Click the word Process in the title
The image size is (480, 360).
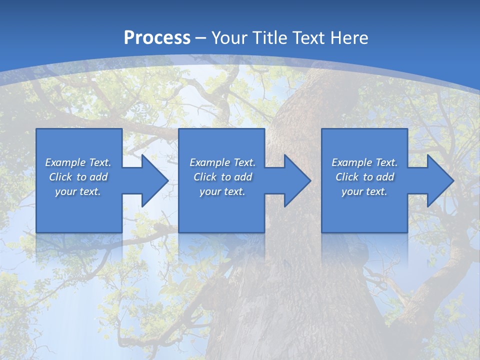click(157, 38)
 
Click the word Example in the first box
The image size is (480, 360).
click(65, 162)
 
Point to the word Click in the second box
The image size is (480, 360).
click(204, 177)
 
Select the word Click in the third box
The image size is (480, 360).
click(346, 177)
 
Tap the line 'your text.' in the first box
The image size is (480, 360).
click(78, 191)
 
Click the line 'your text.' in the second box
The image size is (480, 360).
click(222, 191)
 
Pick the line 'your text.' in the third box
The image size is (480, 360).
click(364, 191)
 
